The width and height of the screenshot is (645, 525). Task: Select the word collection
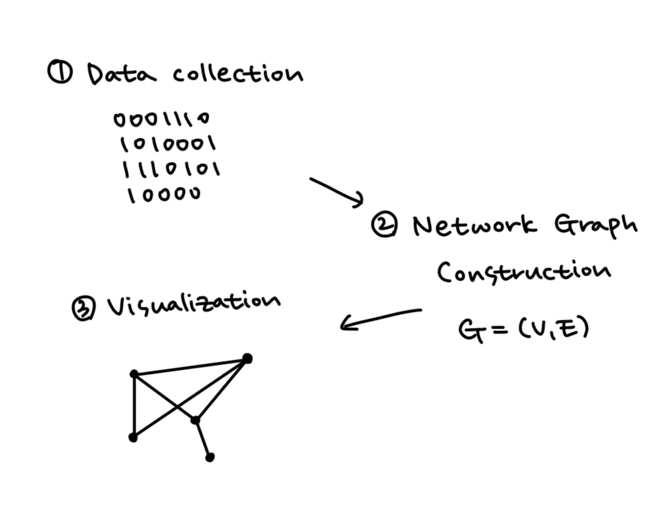(x=238, y=74)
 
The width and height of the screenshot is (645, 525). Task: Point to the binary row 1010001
(x=168, y=145)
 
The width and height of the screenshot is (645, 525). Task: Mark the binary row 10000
(x=164, y=195)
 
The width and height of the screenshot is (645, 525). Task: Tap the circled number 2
(x=383, y=225)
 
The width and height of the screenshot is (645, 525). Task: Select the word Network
(x=475, y=225)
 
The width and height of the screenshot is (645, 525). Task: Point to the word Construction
(x=523, y=272)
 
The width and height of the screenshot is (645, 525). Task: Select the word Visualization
(x=194, y=304)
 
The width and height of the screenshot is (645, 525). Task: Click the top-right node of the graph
(x=247, y=359)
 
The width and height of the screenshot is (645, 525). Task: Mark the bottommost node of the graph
(x=210, y=457)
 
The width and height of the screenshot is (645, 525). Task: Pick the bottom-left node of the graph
(x=132, y=438)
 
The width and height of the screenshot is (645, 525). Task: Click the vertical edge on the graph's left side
(x=133, y=405)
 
